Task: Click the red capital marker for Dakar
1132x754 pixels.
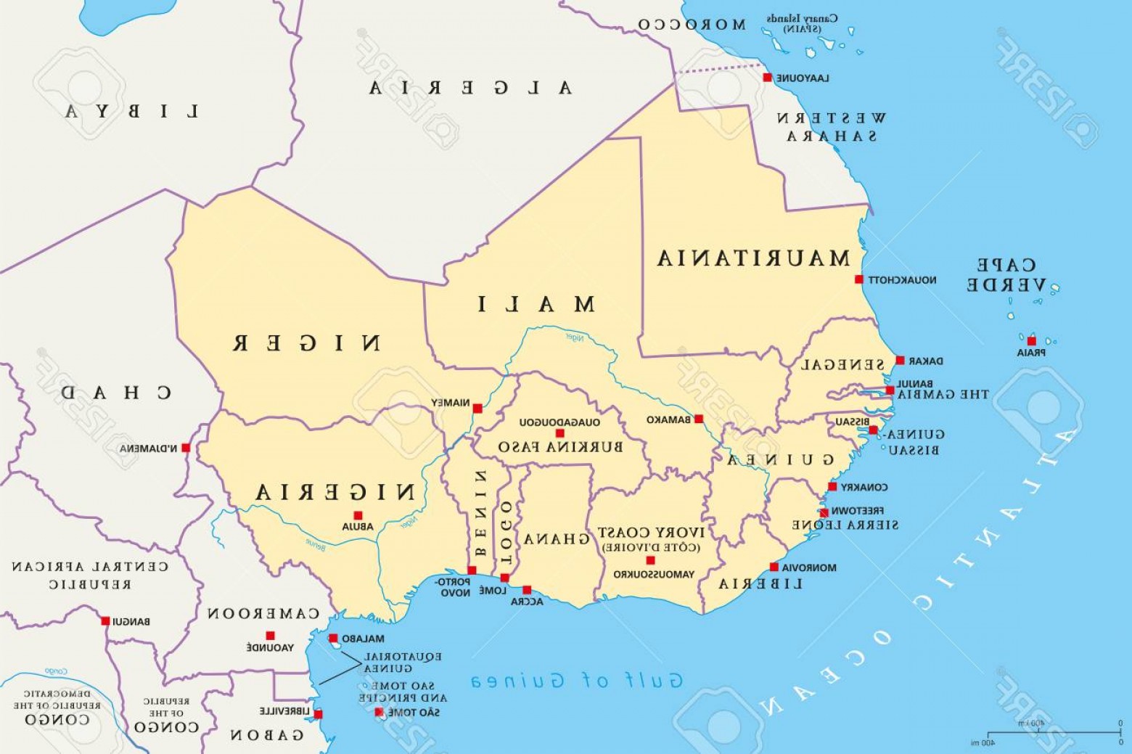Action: pos(900,361)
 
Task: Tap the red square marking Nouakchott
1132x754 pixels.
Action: pos(858,279)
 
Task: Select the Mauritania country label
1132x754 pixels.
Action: pos(753,258)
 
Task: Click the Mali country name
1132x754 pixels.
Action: pos(536,304)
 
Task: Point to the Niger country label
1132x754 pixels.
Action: pos(306,343)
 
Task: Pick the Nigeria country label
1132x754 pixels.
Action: pos(335,493)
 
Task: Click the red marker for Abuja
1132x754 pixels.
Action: pos(358,515)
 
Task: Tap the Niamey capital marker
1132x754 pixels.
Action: pos(477,409)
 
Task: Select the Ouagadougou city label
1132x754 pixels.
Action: pos(559,422)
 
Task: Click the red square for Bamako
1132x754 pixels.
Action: pos(699,419)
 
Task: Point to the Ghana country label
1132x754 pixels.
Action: pos(557,539)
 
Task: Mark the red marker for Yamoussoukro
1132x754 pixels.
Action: pos(650,560)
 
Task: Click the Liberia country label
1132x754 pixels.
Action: pos(760,583)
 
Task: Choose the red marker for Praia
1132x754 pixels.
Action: pos(1031,341)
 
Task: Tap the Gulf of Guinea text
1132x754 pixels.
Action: pos(577,681)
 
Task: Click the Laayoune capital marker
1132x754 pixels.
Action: pos(767,78)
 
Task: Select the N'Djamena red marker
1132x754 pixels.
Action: pos(186,448)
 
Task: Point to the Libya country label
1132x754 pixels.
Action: pos(132,111)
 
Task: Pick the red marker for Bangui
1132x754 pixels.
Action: pos(105,621)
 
